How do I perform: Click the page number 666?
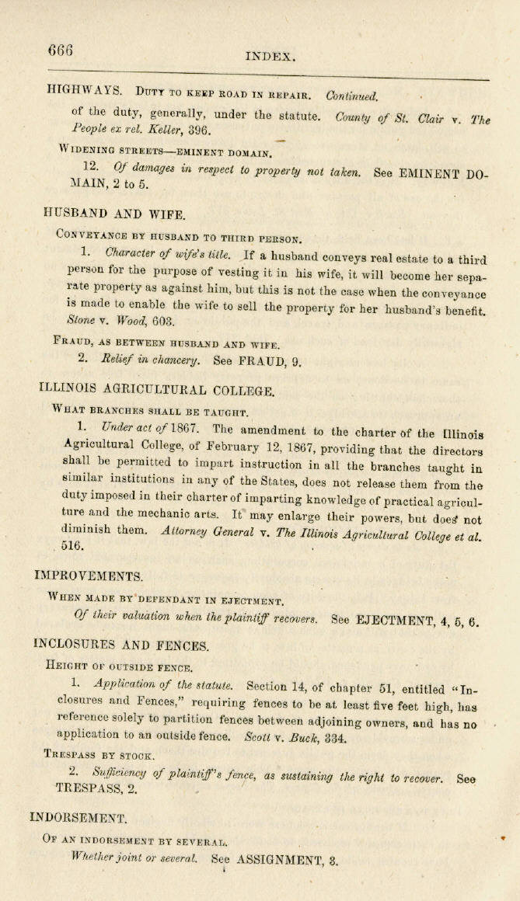60,50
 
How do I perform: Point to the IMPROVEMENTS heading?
89,576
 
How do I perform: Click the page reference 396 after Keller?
199,130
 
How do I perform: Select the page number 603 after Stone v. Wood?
163,320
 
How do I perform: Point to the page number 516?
72,546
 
